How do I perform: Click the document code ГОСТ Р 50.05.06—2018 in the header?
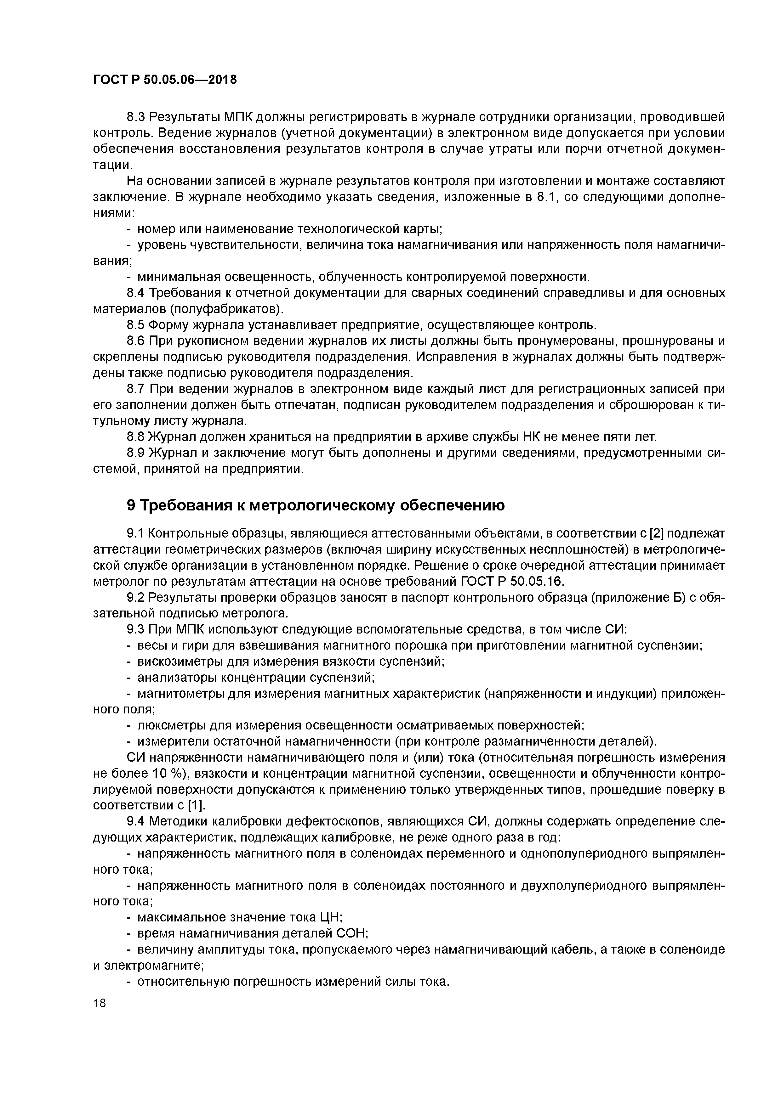click(165, 80)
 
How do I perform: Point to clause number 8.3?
click(136, 117)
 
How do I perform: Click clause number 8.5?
click(136, 325)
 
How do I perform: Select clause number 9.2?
click(136, 597)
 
